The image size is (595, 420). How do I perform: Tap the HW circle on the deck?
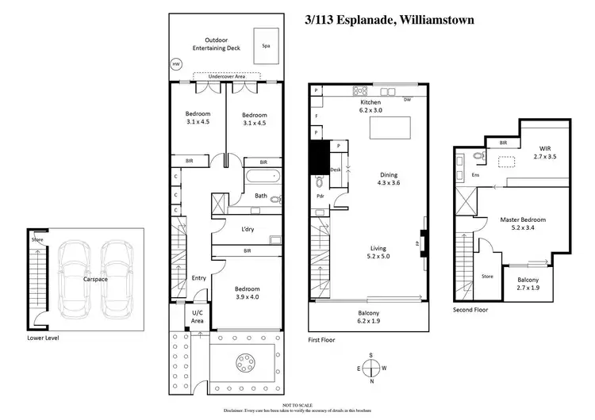click(x=176, y=63)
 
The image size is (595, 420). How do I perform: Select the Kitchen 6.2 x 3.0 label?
click(x=370, y=107)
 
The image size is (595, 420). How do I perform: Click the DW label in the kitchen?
click(x=407, y=100)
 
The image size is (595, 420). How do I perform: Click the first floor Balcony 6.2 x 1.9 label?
click(x=367, y=318)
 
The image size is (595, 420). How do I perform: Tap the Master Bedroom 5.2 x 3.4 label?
click(x=523, y=223)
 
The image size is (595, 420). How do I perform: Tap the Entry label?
click(x=198, y=278)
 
